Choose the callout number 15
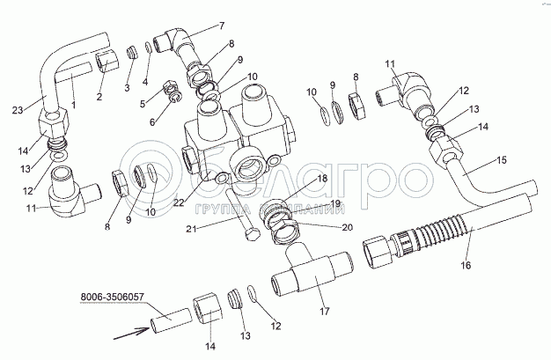[x=503, y=162]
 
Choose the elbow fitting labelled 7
[x=172, y=42]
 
